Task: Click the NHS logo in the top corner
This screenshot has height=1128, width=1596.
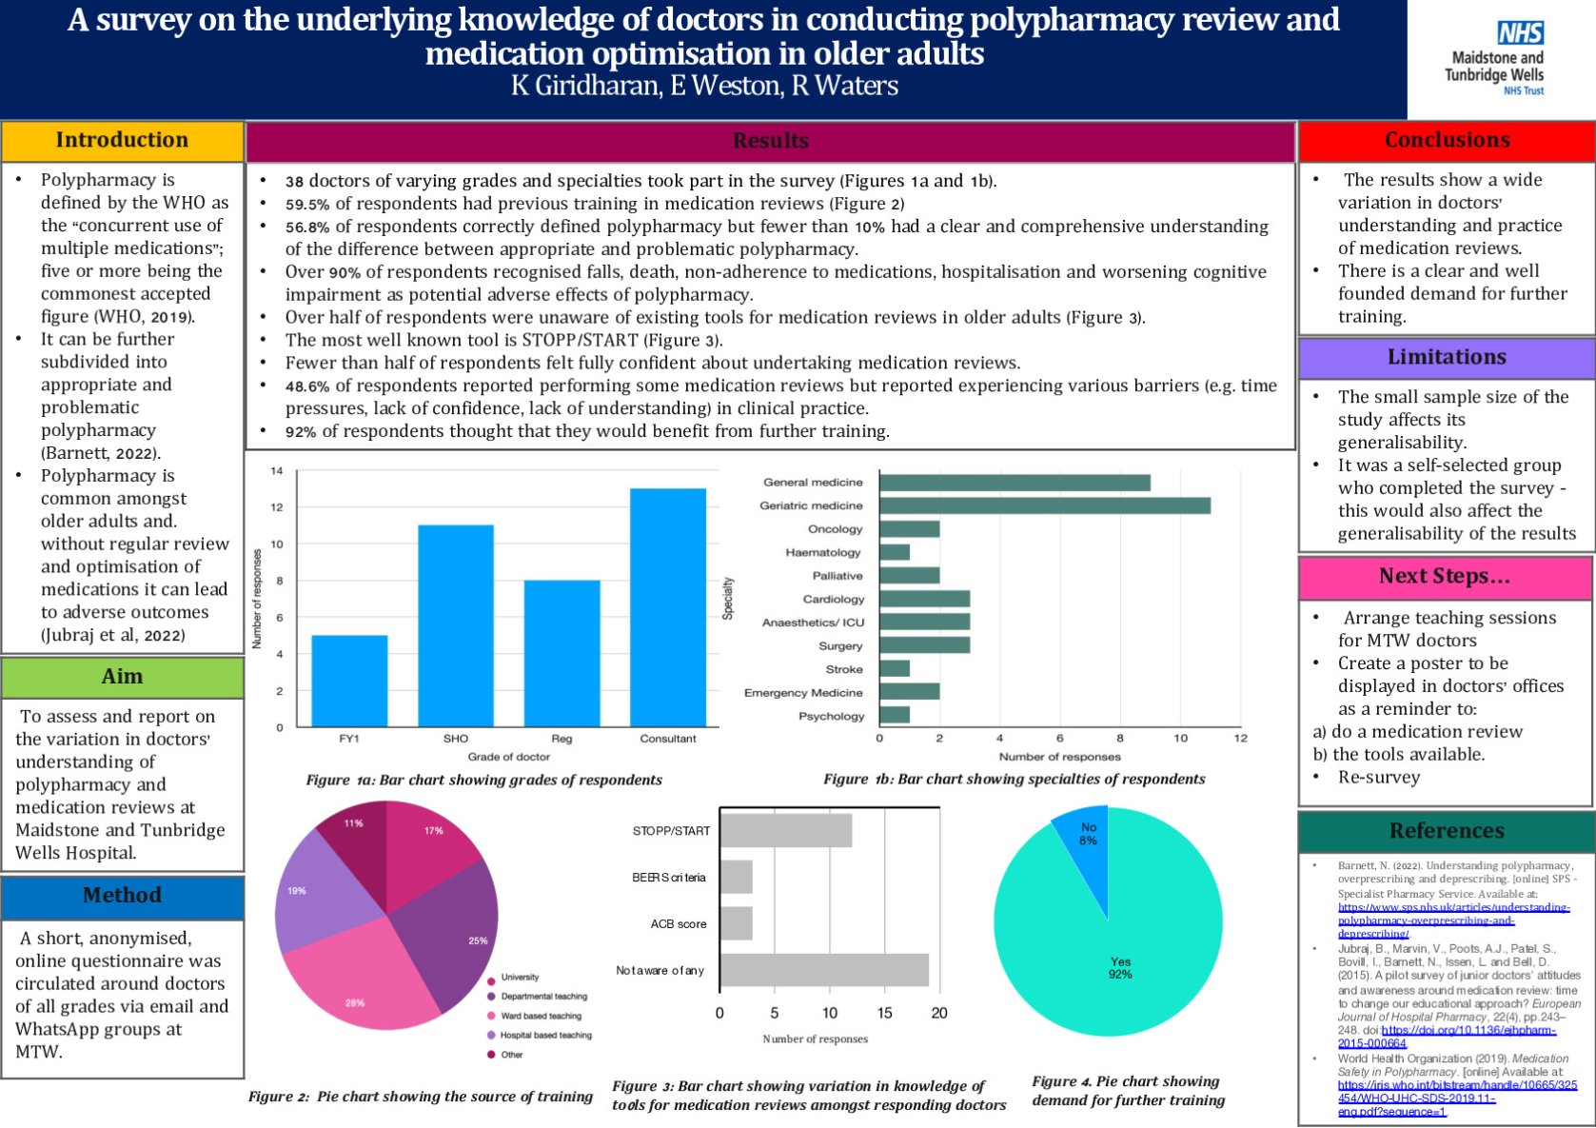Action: point(1520,33)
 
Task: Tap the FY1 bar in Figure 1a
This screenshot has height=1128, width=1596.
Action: point(349,681)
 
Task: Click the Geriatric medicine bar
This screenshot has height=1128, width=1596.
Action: point(1044,505)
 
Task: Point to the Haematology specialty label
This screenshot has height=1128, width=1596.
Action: point(822,552)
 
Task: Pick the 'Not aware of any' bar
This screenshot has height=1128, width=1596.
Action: point(824,970)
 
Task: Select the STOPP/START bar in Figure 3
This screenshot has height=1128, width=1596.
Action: point(786,830)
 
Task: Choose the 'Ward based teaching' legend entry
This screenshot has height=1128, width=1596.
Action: point(540,1016)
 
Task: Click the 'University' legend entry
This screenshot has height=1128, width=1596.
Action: point(519,977)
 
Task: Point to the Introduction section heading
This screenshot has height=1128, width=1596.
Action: point(122,140)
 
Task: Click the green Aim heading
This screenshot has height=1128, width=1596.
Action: point(122,677)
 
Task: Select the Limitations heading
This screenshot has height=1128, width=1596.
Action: point(1447,357)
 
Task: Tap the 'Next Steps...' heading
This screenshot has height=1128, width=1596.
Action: point(1445,576)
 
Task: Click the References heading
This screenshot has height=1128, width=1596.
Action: point(1447,831)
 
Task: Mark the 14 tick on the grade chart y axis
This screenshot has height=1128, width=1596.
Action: point(277,471)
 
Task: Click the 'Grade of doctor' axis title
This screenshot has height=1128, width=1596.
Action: point(508,757)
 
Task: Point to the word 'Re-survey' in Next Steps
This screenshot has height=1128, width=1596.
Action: point(1378,778)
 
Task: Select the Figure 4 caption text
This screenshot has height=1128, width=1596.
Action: point(1128,1091)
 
